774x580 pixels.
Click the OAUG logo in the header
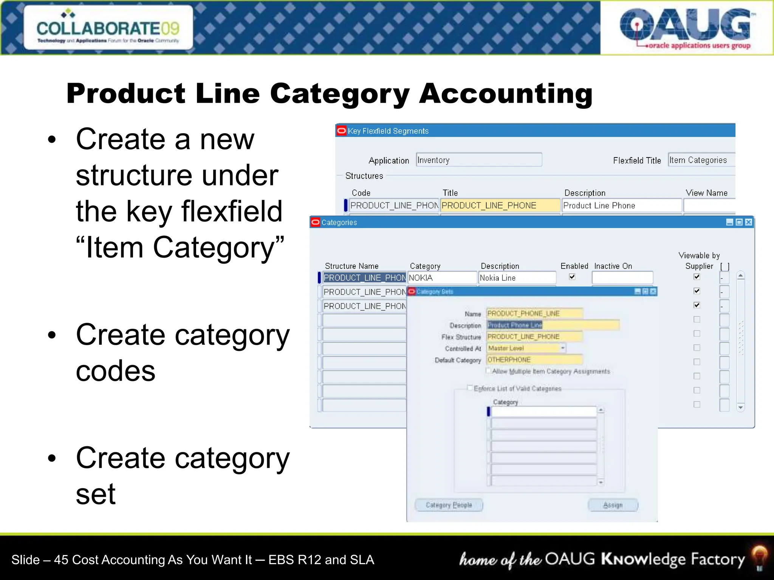[685, 27]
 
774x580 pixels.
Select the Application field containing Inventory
[479, 160]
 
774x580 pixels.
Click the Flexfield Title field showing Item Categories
[701, 160]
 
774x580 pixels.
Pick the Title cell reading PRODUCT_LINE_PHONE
[500, 205]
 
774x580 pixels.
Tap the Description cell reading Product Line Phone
[621, 205]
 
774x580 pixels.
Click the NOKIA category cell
[442, 278]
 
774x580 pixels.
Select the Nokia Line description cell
[517, 278]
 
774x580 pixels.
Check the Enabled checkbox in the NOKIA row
[572, 277]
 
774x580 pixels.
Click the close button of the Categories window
[748, 222]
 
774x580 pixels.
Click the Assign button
[613, 505]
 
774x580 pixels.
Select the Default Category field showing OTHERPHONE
[534, 360]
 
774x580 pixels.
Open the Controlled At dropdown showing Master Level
[563, 348]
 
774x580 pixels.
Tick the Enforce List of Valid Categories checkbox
[470, 388]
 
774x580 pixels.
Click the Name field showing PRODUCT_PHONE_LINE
[534, 313]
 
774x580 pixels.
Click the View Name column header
[706, 193]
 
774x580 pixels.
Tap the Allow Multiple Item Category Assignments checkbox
[488, 371]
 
